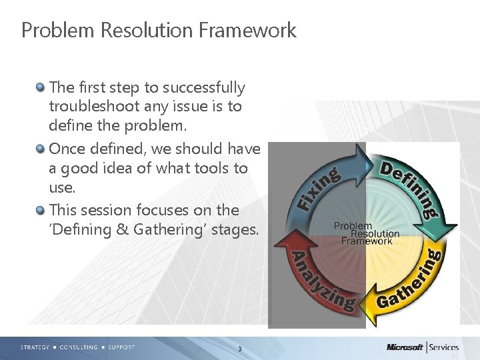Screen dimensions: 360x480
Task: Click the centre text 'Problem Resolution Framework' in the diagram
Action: [x=366, y=234]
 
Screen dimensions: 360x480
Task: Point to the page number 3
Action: [x=240, y=349]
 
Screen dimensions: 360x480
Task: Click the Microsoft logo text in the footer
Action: [x=404, y=347]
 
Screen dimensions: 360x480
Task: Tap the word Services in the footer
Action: [x=443, y=347]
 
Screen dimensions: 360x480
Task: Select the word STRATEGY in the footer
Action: [x=35, y=347]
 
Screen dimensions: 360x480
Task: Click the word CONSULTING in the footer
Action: [x=78, y=347]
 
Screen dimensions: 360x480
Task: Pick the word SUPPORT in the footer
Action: [x=121, y=347]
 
